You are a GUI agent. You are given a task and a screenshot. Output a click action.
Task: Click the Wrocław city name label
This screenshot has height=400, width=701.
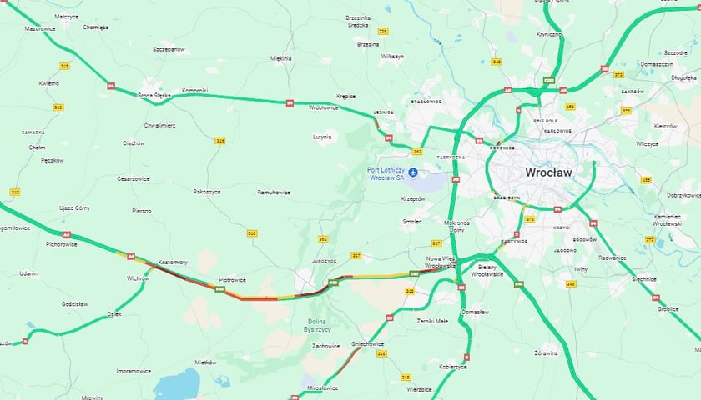click(548, 172)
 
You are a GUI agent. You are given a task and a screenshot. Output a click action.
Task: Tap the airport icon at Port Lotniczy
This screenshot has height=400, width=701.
click(412, 172)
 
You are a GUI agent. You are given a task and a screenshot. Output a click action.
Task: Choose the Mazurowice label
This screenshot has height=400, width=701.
click(38, 27)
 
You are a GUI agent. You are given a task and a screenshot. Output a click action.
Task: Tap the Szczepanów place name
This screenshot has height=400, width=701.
click(168, 49)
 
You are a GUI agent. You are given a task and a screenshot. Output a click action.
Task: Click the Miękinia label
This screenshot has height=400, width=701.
click(281, 58)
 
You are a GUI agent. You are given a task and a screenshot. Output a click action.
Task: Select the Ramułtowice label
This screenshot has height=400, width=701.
click(274, 192)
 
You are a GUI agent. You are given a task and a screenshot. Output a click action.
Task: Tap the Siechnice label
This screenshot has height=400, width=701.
click(644, 279)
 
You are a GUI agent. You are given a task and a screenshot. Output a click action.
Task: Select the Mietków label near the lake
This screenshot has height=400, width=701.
click(205, 362)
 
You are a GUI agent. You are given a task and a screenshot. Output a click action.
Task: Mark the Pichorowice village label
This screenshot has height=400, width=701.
click(61, 244)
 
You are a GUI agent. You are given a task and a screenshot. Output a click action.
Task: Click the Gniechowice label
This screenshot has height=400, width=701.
click(367, 343)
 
